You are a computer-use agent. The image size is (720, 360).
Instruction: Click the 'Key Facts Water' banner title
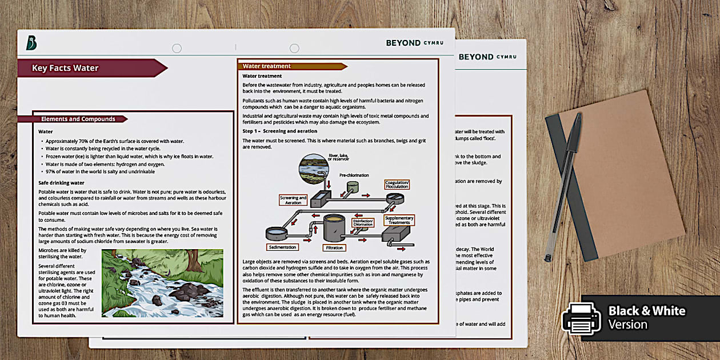click(x=65, y=68)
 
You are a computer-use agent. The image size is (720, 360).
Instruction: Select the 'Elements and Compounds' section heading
click(x=78, y=119)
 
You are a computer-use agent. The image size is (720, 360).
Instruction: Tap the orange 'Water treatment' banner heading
click(x=266, y=66)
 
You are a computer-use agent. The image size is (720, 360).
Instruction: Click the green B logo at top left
click(x=31, y=43)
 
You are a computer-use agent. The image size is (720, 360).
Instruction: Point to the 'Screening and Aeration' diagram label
click(x=293, y=200)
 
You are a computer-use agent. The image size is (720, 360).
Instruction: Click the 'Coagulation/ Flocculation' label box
click(x=397, y=185)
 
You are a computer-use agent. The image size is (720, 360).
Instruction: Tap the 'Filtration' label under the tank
click(x=334, y=248)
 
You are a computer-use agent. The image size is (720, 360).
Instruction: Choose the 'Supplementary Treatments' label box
click(x=399, y=220)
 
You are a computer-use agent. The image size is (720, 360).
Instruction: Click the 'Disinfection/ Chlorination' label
click(x=363, y=222)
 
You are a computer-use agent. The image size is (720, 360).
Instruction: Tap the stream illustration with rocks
click(x=162, y=283)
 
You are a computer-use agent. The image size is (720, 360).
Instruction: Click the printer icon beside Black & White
click(x=581, y=317)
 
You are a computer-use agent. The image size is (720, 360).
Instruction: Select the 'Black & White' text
click(x=646, y=311)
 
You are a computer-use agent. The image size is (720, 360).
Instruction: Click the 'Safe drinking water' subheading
click(x=61, y=183)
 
